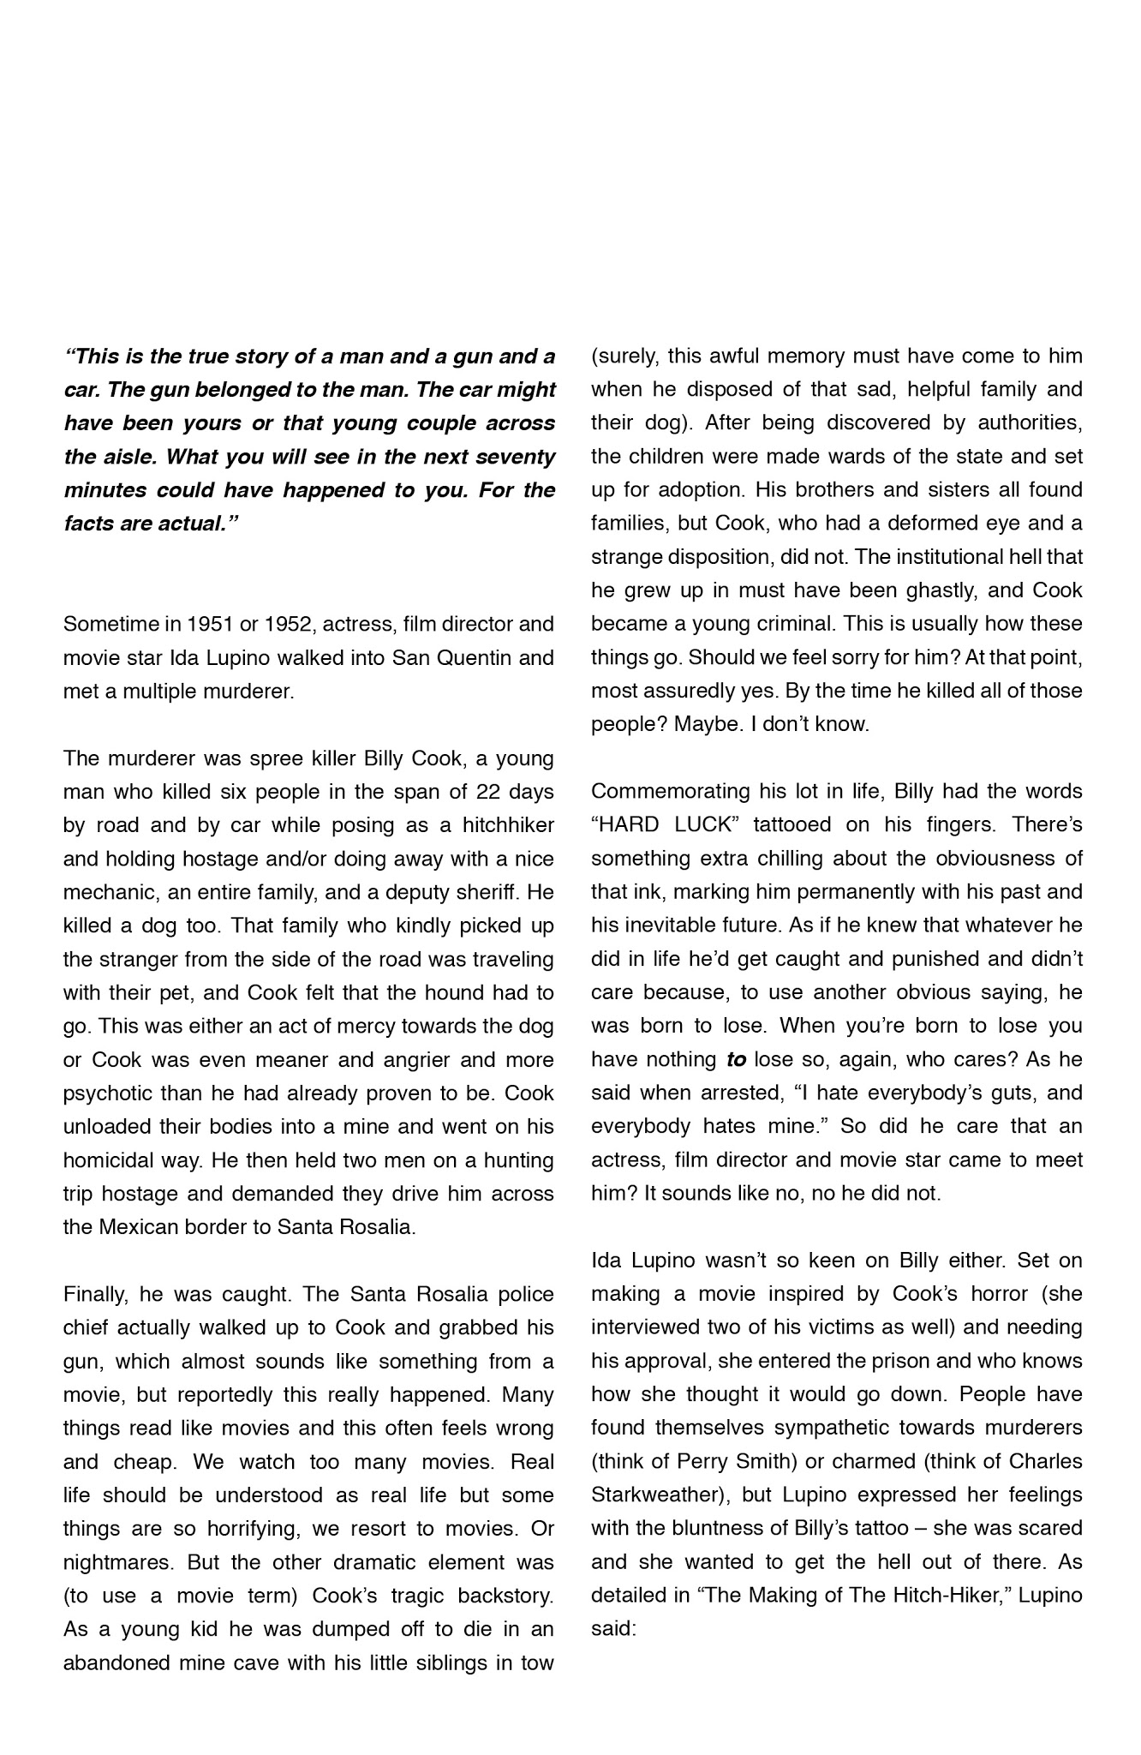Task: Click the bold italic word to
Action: (x=736, y=1060)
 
